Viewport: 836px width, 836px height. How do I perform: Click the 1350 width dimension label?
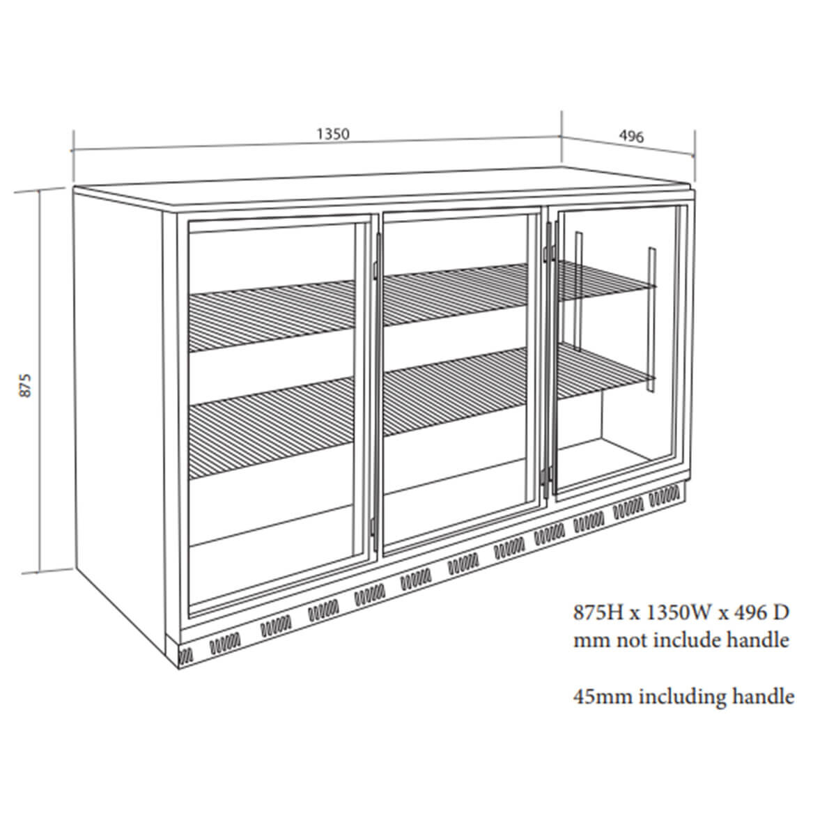tap(333, 134)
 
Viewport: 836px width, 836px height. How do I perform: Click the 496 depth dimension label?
tap(631, 137)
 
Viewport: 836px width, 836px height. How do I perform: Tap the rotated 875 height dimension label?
tap(26, 385)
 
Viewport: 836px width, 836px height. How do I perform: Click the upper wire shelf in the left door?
tap(271, 316)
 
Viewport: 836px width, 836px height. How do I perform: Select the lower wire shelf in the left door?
tap(271, 427)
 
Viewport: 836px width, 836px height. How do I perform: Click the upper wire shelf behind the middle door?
tap(456, 294)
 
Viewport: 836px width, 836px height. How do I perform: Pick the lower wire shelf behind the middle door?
tap(456, 390)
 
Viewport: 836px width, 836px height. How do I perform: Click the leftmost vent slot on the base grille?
tap(186, 656)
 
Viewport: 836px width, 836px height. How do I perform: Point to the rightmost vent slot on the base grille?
tap(664, 494)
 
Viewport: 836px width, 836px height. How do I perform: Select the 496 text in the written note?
tap(748, 613)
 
